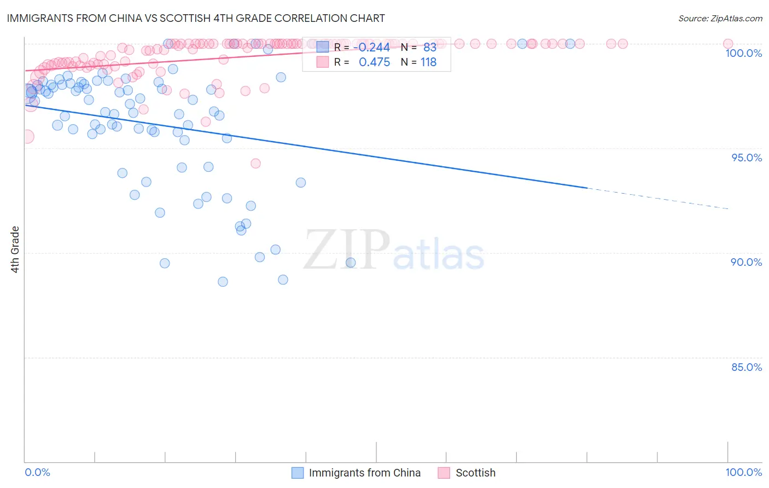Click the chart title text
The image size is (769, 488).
(x=196, y=18)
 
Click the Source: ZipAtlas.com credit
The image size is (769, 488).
(x=720, y=19)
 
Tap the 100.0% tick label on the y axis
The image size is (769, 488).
(x=743, y=53)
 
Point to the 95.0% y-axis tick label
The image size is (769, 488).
(x=747, y=158)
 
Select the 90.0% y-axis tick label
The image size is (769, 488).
(x=746, y=262)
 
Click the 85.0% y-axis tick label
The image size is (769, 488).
(x=747, y=367)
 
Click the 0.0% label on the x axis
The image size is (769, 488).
(x=38, y=472)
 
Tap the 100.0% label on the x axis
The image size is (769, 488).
(x=743, y=472)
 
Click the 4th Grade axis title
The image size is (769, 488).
(x=15, y=249)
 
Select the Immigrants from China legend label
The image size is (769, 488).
(x=364, y=473)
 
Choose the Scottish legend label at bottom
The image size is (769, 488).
(x=475, y=473)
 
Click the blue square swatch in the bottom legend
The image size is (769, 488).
(x=298, y=473)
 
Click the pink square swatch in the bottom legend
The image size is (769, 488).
(x=444, y=473)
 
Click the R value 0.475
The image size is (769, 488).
(x=374, y=62)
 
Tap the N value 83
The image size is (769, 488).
(x=429, y=47)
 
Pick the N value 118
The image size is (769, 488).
(x=428, y=62)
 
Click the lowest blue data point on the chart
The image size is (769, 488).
(x=223, y=282)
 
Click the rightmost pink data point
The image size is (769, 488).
(x=727, y=44)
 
